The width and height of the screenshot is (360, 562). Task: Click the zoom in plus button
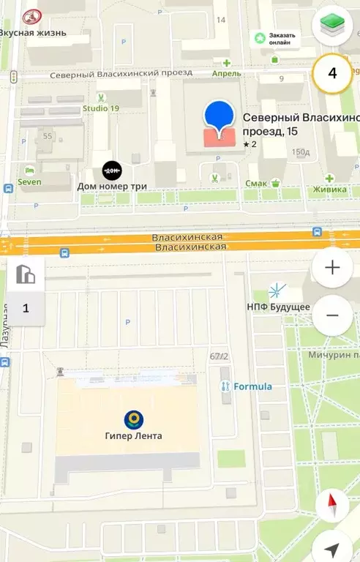332,267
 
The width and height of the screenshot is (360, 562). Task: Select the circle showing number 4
332,73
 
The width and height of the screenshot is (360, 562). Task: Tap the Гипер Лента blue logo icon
133,419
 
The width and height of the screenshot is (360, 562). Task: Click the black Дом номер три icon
111,171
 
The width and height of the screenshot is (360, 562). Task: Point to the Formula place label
252,386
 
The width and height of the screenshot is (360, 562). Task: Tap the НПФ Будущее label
278,307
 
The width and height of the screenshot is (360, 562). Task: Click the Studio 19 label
100,109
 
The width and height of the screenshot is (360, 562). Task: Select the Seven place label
29,181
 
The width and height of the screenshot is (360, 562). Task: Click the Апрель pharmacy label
226,74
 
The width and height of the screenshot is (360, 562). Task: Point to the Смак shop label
256,184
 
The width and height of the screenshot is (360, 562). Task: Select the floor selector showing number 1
26,307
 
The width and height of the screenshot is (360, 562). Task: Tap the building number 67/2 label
219,356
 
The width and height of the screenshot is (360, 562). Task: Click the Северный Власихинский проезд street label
121,73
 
